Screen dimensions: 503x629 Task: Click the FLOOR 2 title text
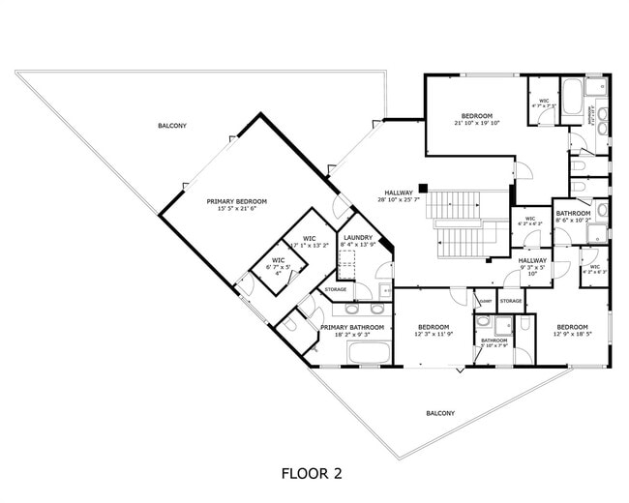312,474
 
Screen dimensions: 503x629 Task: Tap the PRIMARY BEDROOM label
236,201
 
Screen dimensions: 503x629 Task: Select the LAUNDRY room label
358,237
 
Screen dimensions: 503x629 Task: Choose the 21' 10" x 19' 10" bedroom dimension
477,123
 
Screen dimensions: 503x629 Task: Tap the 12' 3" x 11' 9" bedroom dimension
434,335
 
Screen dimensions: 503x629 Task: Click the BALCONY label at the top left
172,127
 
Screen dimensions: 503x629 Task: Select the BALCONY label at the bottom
440,413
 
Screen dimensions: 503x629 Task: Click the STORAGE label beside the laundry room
336,289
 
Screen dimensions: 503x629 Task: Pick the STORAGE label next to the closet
511,301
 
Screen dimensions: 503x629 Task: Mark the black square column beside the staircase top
423,188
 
